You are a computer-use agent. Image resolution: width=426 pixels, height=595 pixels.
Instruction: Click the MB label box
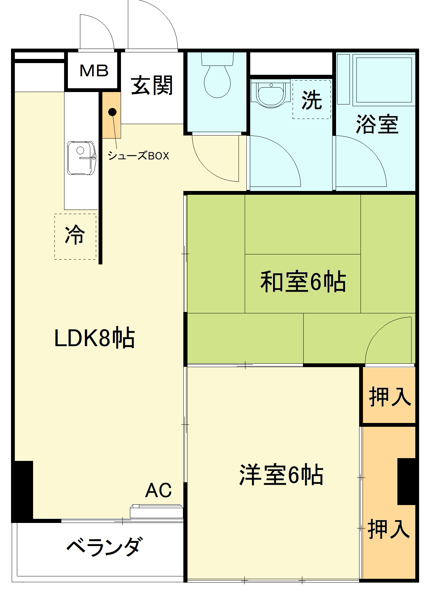[94, 71]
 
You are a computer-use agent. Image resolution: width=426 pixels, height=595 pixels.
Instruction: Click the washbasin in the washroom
[271, 93]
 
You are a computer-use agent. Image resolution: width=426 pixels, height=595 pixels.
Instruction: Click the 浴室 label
[377, 124]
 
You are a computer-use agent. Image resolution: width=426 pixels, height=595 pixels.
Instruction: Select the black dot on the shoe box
[112, 112]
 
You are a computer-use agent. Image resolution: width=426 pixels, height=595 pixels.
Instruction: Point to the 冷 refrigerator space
[75, 236]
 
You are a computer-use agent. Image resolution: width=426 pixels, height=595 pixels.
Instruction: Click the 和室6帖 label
[303, 282]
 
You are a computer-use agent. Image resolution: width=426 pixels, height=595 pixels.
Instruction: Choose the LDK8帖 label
[94, 338]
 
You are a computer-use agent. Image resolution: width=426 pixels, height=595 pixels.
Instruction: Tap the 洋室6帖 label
[281, 475]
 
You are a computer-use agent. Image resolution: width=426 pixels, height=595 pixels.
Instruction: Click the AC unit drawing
[156, 511]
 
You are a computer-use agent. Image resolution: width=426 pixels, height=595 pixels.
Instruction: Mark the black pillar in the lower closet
[407, 481]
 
